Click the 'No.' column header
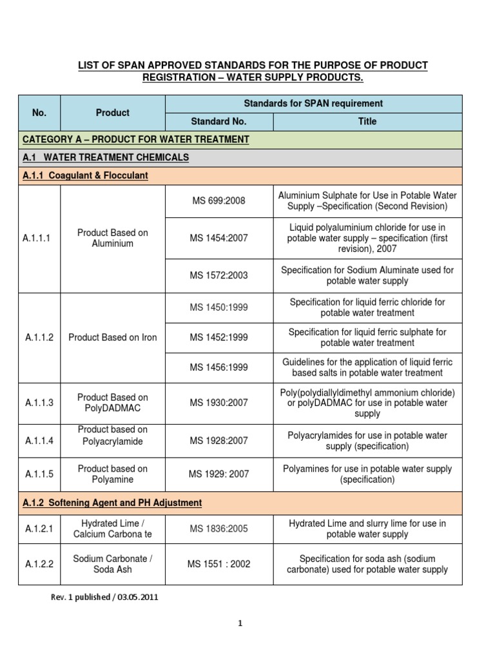point(39,113)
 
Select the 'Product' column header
point(113,113)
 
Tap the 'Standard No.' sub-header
point(219,121)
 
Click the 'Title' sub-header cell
point(367,121)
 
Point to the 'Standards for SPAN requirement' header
point(313,103)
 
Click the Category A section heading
point(135,139)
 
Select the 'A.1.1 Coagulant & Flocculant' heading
point(85,176)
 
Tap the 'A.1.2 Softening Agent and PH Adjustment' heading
point(112,502)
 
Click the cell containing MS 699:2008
point(219,201)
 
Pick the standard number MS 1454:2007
point(219,238)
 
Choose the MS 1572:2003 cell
point(219,275)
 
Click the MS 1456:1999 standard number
point(219,367)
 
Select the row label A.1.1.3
point(39,403)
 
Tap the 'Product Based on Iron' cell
point(113,337)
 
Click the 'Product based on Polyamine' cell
point(113,474)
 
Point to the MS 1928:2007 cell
point(219,441)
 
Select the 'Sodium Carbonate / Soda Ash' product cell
point(113,564)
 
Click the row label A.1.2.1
point(39,529)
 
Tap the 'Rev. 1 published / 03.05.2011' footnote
point(104,597)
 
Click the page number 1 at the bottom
point(240,623)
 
